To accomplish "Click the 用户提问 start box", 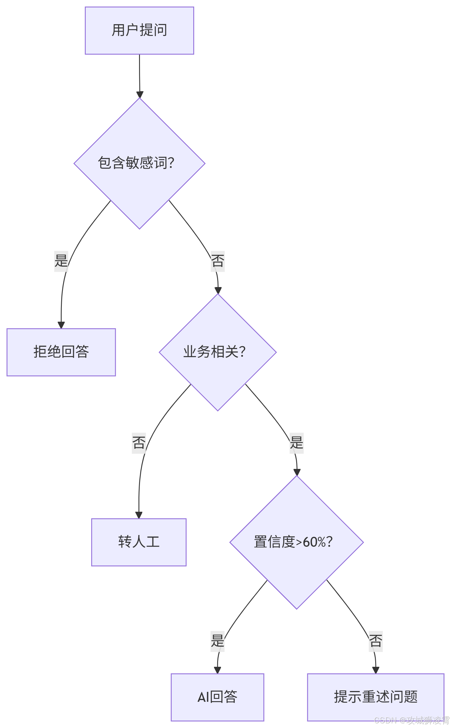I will pos(139,30).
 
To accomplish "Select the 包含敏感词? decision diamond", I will pos(139,163).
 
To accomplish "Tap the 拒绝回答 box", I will pos(61,352).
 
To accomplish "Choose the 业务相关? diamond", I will pos(218,352).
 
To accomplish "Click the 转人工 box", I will pos(139,542).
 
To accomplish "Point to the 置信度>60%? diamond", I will pos(296,542).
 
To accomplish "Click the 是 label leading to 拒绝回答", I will pos(61,261).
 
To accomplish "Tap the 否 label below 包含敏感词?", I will pos(218,261).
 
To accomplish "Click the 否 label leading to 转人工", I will pos(139,443).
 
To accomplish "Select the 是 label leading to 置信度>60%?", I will pos(296,443).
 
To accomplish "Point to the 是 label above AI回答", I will pos(217,641).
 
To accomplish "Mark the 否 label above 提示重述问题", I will pos(375,641).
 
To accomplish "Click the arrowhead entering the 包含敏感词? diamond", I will pos(140,94).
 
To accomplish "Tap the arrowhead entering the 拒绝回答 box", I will pos(61,325).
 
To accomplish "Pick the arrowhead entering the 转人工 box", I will pos(139,515).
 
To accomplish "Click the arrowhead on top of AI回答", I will pos(217,670).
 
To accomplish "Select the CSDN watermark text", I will pos(411,720).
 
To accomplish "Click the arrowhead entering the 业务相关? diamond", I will pos(218,290).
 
